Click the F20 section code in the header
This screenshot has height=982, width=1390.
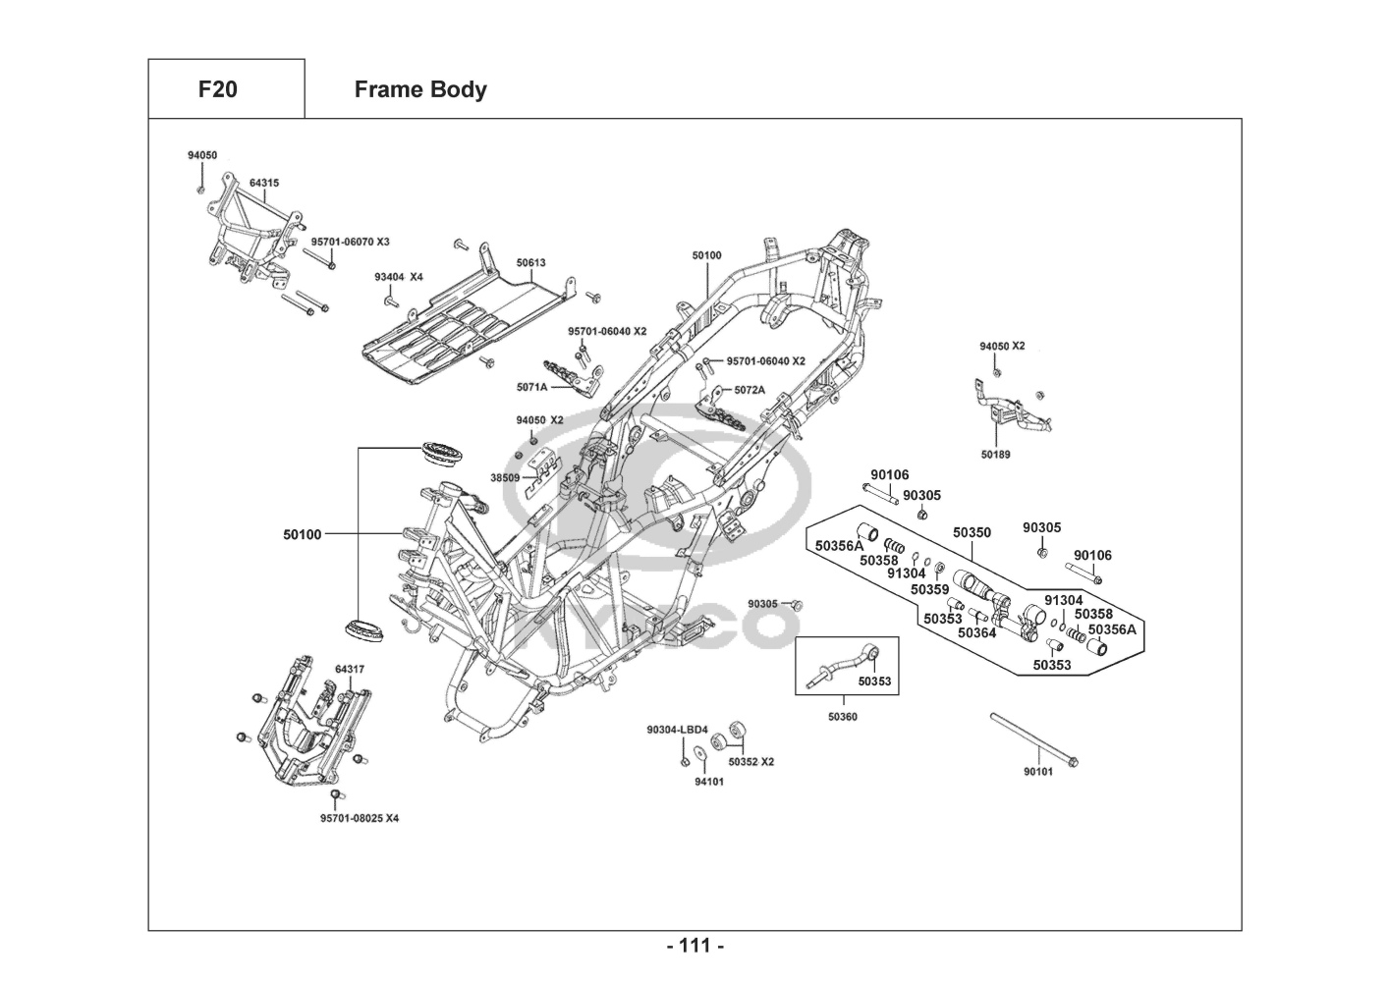click(217, 89)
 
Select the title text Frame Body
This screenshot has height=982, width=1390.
click(419, 89)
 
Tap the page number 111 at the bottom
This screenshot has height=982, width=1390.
click(695, 946)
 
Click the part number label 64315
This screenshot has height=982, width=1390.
click(263, 183)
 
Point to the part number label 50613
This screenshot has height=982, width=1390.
click(530, 263)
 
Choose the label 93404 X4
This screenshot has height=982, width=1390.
click(398, 277)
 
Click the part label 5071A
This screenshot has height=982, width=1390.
click(531, 387)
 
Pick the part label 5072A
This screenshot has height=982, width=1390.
click(750, 390)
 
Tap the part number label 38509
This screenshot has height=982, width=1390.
click(504, 478)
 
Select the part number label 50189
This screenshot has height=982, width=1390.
click(995, 455)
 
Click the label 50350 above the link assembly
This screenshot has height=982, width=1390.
click(972, 532)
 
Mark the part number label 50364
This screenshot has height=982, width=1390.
click(976, 633)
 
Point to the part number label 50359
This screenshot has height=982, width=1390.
click(929, 590)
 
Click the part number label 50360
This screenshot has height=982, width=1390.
click(842, 717)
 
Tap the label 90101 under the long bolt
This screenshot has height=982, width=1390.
click(1037, 772)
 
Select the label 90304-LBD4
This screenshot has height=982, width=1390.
click(677, 730)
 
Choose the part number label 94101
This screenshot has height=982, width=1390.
click(709, 782)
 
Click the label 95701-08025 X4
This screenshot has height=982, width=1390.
click(360, 818)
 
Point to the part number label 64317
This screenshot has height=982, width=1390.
click(350, 670)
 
